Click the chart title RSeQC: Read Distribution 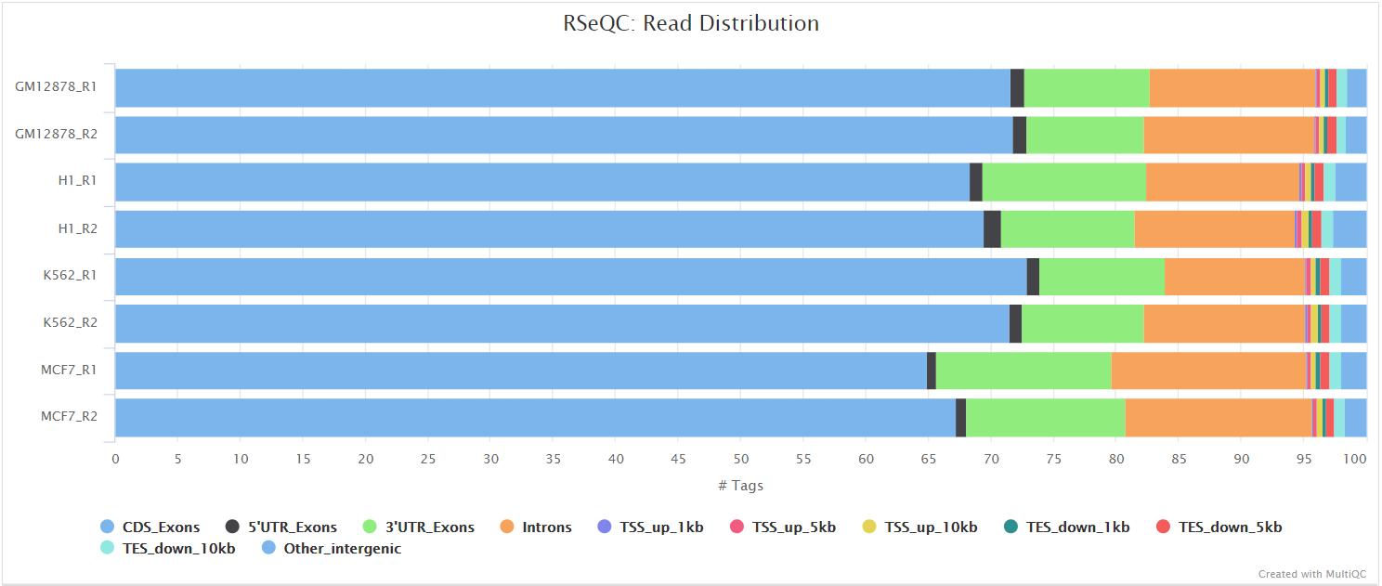pyautogui.click(x=691, y=23)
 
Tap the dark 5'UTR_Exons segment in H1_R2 pyautogui.click(x=992, y=228)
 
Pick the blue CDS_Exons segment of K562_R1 pyautogui.click(x=570, y=276)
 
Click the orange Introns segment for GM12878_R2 pyautogui.click(x=1229, y=135)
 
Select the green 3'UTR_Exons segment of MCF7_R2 pyautogui.click(x=1045, y=418)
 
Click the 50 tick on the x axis pyautogui.click(x=741, y=459)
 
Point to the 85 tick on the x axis pyautogui.click(x=1179, y=459)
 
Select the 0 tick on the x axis pyautogui.click(x=115, y=459)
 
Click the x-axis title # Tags pyautogui.click(x=740, y=486)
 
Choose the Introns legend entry pyautogui.click(x=546, y=527)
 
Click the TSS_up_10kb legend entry pyautogui.click(x=930, y=527)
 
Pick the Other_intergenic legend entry pyautogui.click(x=342, y=549)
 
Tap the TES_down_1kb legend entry pyautogui.click(x=1077, y=527)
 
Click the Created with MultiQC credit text pyautogui.click(x=1311, y=574)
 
